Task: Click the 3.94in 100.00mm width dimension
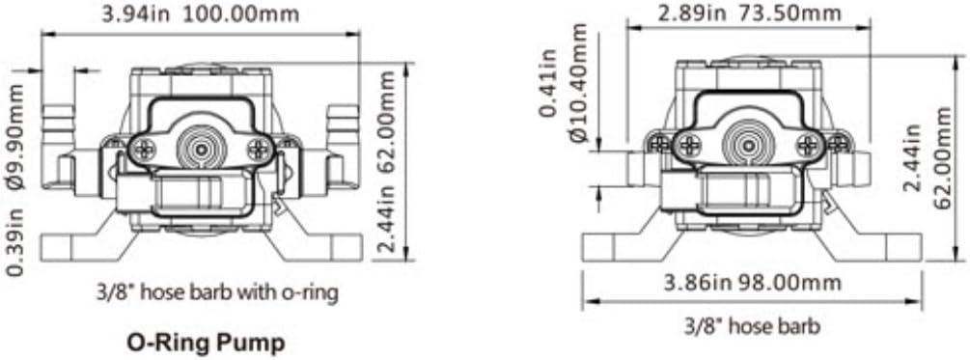[200, 14]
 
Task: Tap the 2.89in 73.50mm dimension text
[749, 13]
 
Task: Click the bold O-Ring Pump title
[206, 342]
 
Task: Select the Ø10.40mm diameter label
[580, 82]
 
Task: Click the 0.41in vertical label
[548, 83]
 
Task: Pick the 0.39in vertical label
[15, 241]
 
